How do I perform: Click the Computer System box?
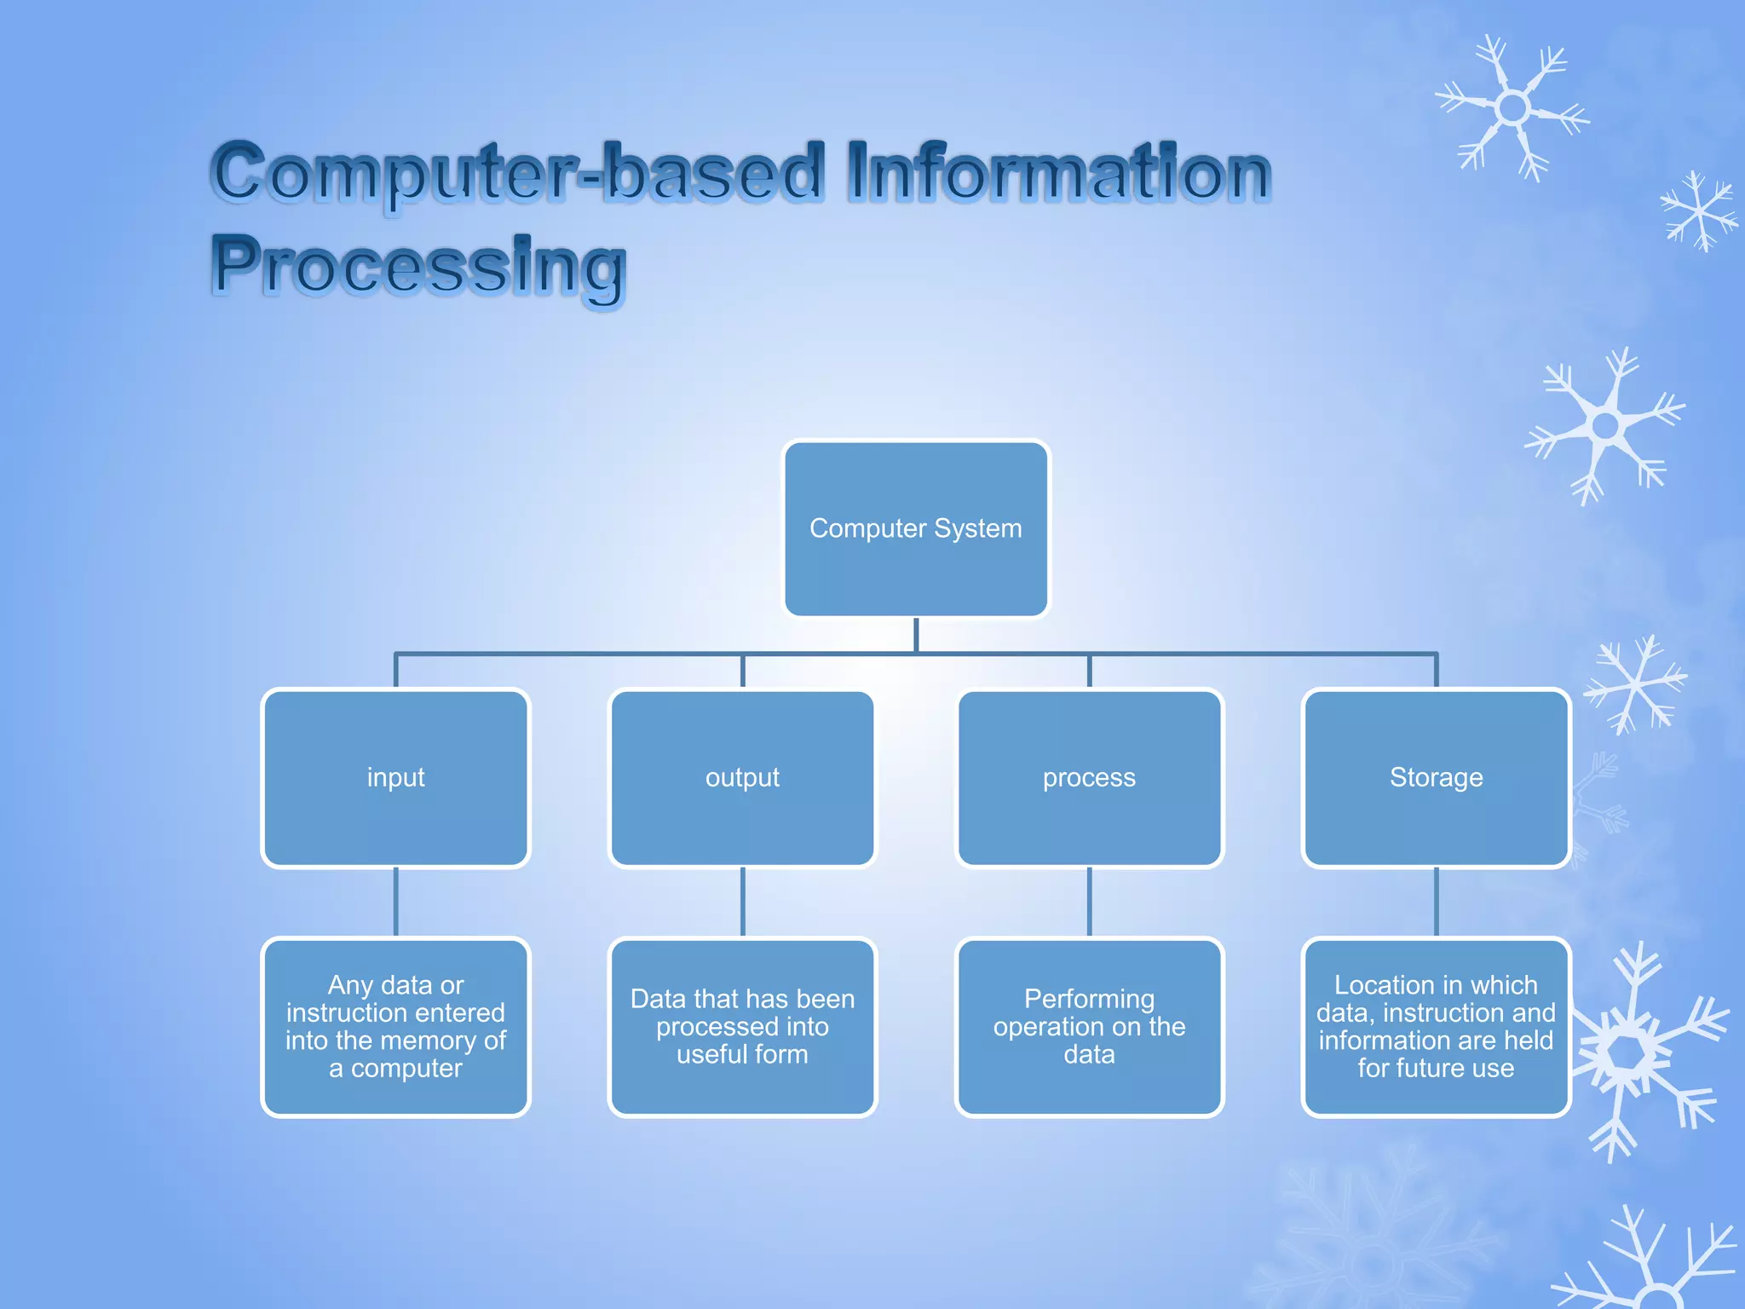(x=916, y=528)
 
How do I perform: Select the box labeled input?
(x=395, y=778)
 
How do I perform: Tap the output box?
(x=742, y=778)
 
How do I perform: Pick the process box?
(x=1089, y=778)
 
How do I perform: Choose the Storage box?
(x=1436, y=778)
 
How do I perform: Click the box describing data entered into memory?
(x=395, y=1027)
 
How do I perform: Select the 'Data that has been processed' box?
(x=742, y=1027)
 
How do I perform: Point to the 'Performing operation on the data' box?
(x=1089, y=1027)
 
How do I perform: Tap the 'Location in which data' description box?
(x=1436, y=1027)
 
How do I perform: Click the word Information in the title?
(x=1058, y=173)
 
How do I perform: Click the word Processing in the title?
(x=419, y=266)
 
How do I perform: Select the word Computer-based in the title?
(x=518, y=173)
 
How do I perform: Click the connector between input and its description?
(x=395, y=902)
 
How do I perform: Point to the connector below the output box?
(x=742, y=902)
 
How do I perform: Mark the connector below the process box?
(x=1089, y=902)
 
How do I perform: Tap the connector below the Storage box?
(x=1436, y=902)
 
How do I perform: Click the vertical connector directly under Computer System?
(x=916, y=634)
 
